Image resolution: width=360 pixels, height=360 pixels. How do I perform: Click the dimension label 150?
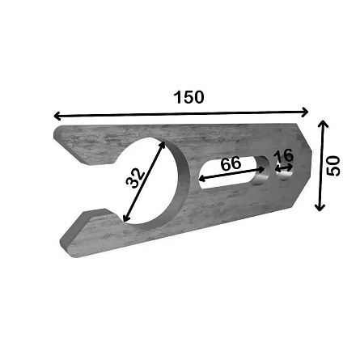188,97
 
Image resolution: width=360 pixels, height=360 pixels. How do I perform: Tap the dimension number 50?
333,166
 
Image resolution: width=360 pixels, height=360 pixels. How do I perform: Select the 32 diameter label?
136,178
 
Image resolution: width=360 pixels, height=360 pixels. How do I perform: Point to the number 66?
231,163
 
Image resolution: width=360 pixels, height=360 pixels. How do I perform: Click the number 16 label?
283,155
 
